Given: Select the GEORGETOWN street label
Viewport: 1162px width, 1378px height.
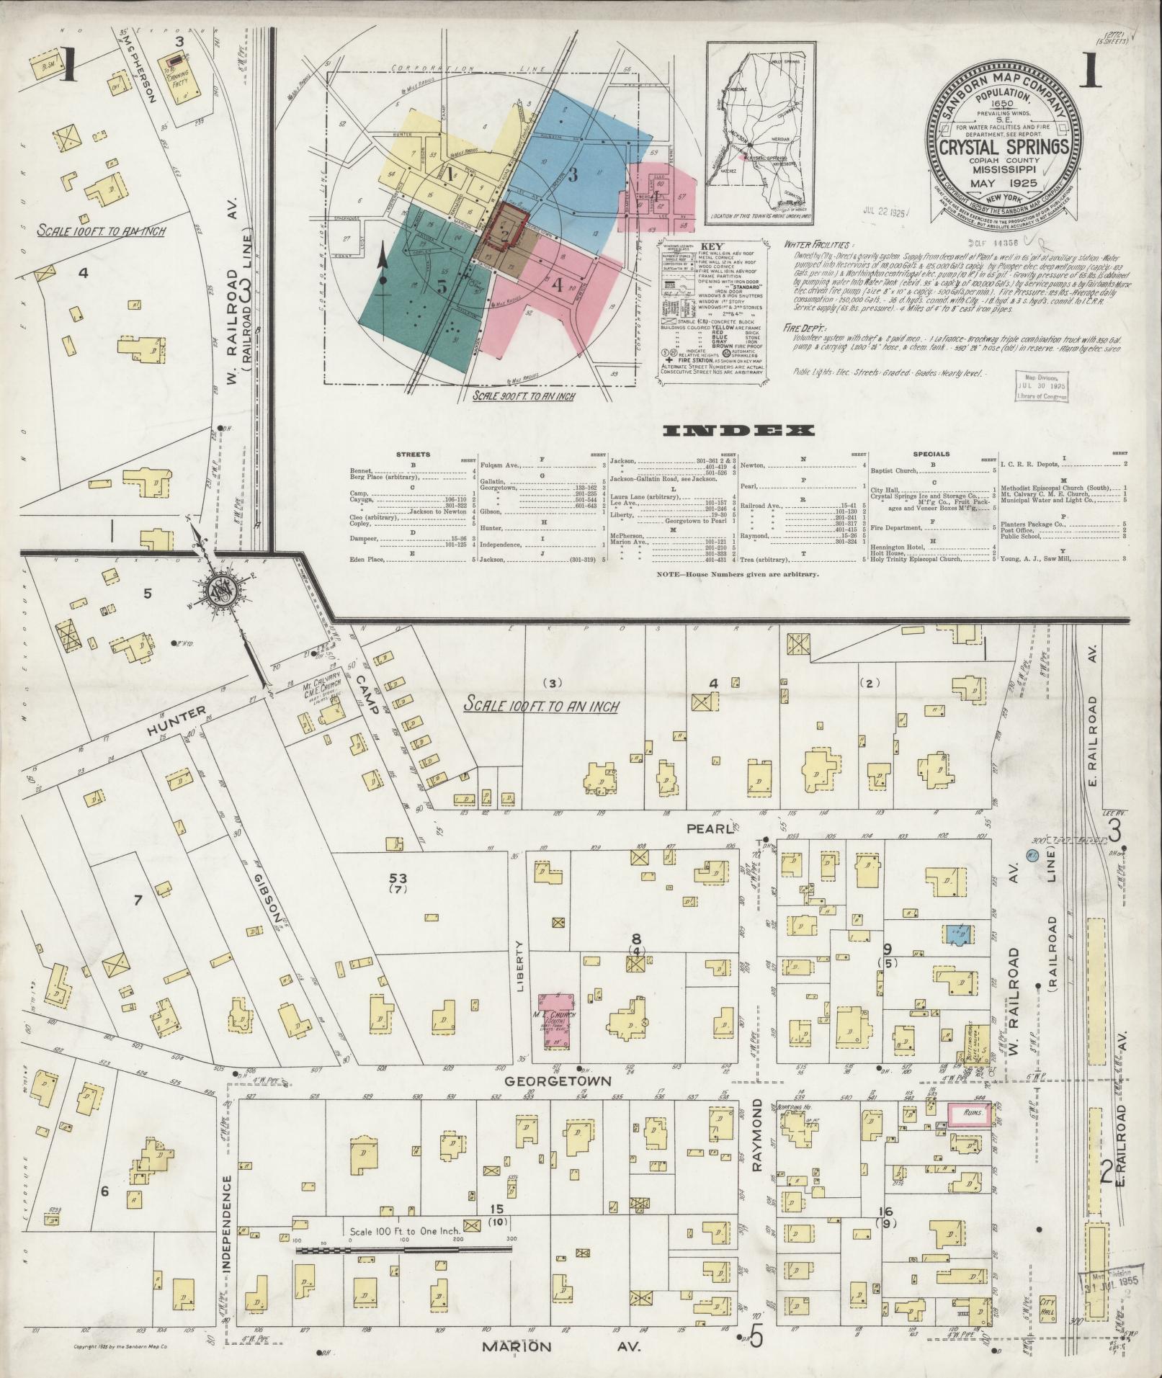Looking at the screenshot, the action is point(558,1101).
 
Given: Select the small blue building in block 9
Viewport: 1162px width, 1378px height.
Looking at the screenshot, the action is point(958,934).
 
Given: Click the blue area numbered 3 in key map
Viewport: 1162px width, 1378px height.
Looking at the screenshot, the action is point(574,175).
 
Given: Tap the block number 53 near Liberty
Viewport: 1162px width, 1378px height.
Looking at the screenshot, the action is point(397,878).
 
